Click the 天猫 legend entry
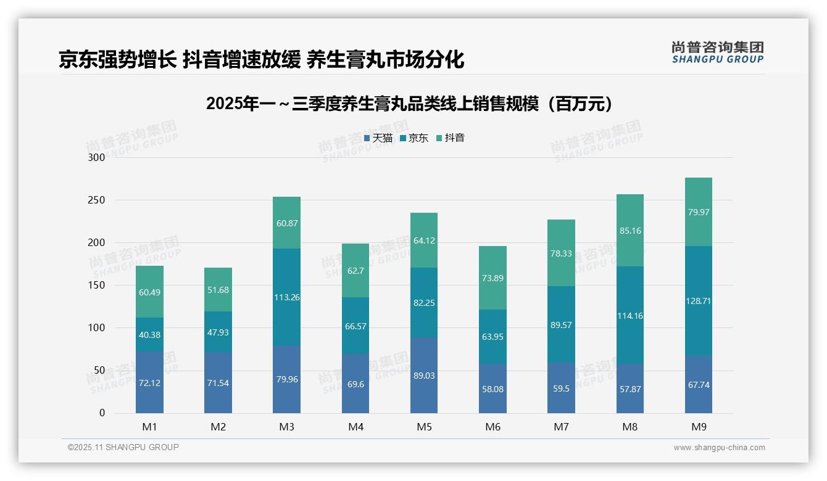pos(378,138)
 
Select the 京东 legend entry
pos(414,138)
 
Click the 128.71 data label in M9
pos(698,301)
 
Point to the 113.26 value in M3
pos(286,297)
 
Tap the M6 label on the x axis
pos(492,427)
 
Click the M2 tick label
pos(218,427)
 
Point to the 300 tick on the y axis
pos(97,157)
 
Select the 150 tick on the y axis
pos(97,285)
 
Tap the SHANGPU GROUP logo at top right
pos(717,52)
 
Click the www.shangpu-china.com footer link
pos(719,448)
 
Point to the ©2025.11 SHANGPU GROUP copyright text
pos(123,447)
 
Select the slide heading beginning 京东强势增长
pos(261,59)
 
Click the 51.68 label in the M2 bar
pos(218,290)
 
